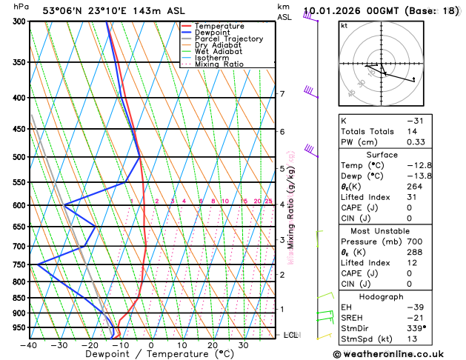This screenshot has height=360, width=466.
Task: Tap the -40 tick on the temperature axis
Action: (x=29, y=345)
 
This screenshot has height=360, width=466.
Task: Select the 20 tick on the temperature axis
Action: (x=213, y=345)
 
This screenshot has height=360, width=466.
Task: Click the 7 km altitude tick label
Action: (x=282, y=94)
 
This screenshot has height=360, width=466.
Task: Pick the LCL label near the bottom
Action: (x=290, y=335)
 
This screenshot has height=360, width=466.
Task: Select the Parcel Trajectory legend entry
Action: (x=229, y=39)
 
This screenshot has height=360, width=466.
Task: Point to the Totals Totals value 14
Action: (x=412, y=130)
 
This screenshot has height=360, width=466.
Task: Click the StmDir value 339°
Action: (x=417, y=328)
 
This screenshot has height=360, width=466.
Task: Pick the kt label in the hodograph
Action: (x=344, y=25)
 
